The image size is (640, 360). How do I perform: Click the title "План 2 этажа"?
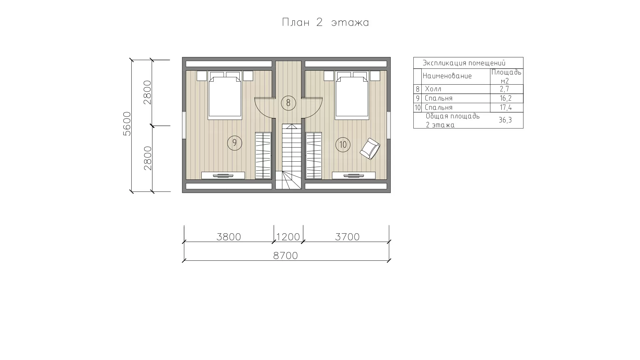pos(325,22)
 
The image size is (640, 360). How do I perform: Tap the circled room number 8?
pos(288,103)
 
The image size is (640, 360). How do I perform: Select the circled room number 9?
pos(235,143)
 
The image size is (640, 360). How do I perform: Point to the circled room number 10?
pos(343,145)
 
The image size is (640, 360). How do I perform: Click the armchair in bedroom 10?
pos(370,149)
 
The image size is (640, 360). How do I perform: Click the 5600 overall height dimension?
pos(127,123)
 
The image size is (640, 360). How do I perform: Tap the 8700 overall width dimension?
pos(285,256)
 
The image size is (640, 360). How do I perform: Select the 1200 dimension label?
pos(288,237)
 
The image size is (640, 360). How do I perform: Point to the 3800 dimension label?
pos(229,237)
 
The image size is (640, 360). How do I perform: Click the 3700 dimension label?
pos(347,237)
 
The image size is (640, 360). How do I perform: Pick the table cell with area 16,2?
pos(506,98)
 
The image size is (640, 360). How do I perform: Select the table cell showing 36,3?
pos(505,120)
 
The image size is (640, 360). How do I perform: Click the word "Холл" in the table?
pos(433,89)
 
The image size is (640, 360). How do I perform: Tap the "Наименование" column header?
pos(447,76)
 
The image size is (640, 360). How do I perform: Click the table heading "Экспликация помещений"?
pos(464,63)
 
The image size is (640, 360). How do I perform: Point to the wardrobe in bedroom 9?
pos(263,156)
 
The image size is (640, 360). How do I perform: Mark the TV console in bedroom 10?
pos(354,176)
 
